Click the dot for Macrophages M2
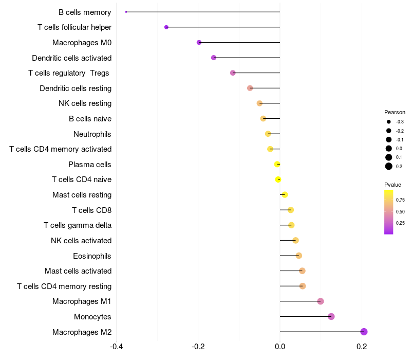tap(364, 332)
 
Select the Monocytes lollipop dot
tap(331, 316)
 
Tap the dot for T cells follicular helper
tap(166, 27)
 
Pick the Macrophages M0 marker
tap(199, 42)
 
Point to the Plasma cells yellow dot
tap(277, 164)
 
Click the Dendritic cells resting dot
tap(250, 88)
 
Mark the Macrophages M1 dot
tap(321, 301)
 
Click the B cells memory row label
tap(85, 12)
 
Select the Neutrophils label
tap(92, 134)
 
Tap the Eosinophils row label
tap(92, 256)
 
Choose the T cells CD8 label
tap(91, 210)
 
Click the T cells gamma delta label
tap(78, 225)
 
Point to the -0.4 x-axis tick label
tap(116, 346)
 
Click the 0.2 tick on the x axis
tap(362, 346)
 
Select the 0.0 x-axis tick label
tap(280, 346)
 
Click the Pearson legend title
tap(395, 112)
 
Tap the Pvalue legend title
tap(393, 185)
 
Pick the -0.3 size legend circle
tap(389, 122)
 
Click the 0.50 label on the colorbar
tap(400, 211)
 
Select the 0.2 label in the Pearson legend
tap(399, 166)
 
